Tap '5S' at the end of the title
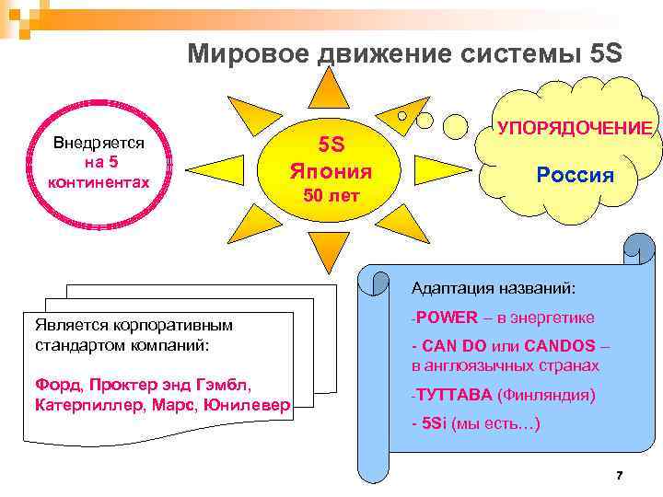[603, 54]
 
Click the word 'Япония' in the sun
[331, 170]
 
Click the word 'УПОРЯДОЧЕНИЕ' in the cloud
[575, 128]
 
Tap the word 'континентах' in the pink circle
[98, 182]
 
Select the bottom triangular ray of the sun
[329, 250]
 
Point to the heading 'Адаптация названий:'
[494, 289]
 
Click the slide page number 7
[619, 476]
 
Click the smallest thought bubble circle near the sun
[401, 117]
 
